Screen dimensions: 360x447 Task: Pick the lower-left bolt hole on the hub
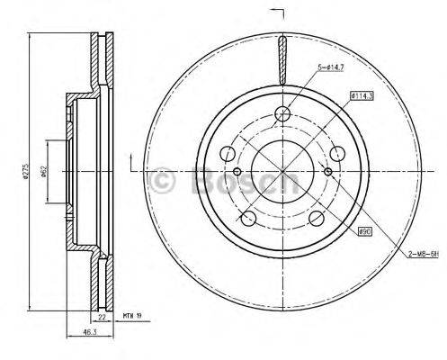[x=248, y=218]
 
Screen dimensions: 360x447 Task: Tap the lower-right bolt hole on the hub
[x=318, y=218]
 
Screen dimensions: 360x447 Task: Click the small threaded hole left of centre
[x=237, y=172]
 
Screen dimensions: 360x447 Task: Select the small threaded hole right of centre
[x=329, y=172]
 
